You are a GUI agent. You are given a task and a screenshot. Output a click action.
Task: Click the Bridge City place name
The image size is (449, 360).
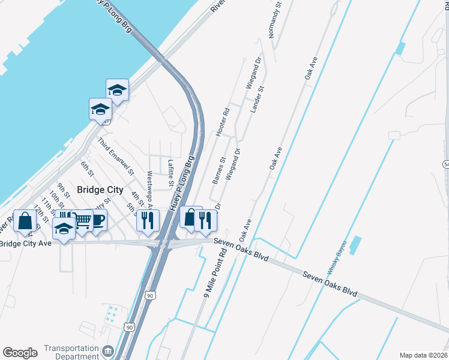tap(100, 190)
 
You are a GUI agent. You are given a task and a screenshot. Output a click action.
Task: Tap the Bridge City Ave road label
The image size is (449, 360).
tap(26, 243)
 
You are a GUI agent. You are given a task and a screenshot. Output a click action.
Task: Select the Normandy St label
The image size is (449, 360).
tap(275, 21)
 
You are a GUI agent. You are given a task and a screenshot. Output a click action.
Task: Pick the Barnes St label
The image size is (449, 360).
tap(218, 170)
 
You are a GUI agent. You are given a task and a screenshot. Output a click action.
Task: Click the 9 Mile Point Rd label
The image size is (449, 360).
tap(214, 273)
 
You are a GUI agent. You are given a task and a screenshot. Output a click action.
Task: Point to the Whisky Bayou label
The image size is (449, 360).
tap(337, 258)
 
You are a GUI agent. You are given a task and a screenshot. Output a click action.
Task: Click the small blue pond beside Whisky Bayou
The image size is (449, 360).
tap(355, 244)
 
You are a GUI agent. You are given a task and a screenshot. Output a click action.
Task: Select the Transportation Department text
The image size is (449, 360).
tap(71, 352)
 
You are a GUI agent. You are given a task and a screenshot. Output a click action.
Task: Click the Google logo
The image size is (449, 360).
tap(20, 353)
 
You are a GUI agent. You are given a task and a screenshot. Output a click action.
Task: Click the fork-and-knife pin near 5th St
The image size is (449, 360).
tap(146, 220)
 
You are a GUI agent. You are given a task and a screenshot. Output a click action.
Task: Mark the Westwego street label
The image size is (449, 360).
tap(151, 188)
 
